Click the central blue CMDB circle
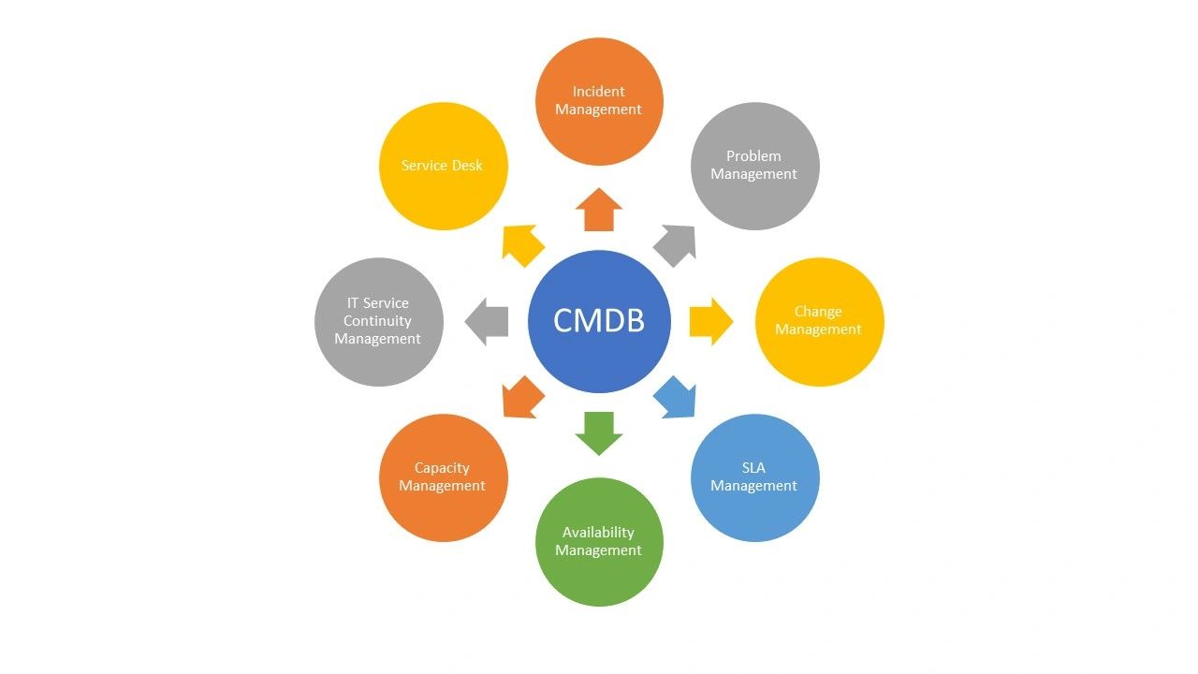[599, 321]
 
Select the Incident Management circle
[599, 101]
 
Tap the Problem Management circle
[754, 166]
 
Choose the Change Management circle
[819, 321]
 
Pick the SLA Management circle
[754, 477]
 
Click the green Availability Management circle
[599, 542]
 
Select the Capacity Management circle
[443, 477]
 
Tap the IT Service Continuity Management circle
[378, 321]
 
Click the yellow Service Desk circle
[443, 166]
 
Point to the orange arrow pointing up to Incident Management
[599, 210]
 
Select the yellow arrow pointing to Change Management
[710, 321]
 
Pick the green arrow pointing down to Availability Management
[599, 432]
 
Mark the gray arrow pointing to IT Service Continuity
[488, 321]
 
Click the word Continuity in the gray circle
[377, 321]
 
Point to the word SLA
[753, 468]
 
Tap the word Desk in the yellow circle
[466, 166]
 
